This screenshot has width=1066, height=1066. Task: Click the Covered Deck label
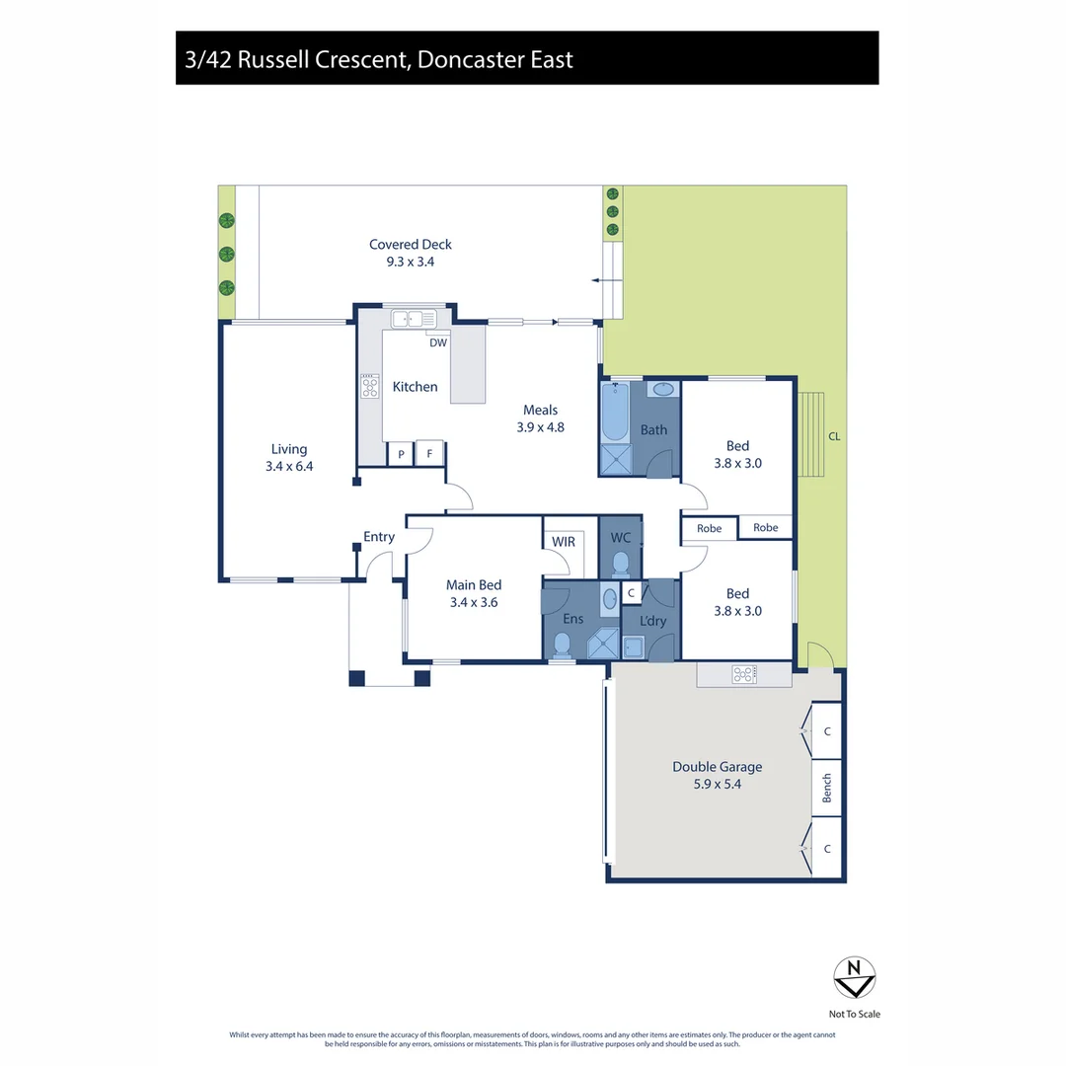click(411, 245)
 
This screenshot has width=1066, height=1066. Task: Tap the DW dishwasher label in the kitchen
click(437, 343)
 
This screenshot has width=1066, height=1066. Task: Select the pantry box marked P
click(401, 454)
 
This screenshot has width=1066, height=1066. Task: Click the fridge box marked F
click(429, 454)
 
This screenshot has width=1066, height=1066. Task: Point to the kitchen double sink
click(414, 319)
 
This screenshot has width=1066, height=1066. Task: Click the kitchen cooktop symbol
click(370, 386)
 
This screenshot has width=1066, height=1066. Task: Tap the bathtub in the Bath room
click(614, 413)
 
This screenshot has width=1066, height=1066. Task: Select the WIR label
click(564, 542)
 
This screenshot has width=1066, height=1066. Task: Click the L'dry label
click(653, 621)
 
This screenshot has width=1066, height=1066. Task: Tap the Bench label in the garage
click(827, 788)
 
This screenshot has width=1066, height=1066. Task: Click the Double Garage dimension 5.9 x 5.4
click(717, 785)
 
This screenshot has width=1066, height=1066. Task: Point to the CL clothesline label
click(834, 435)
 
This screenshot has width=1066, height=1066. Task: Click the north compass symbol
click(854, 977)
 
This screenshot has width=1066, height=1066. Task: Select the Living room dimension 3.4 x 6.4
click(289, 467)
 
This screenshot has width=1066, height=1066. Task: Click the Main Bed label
click(474, 585)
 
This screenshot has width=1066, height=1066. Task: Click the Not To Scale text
click(854, 1014)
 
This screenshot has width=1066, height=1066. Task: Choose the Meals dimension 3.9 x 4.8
click(540, 427)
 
